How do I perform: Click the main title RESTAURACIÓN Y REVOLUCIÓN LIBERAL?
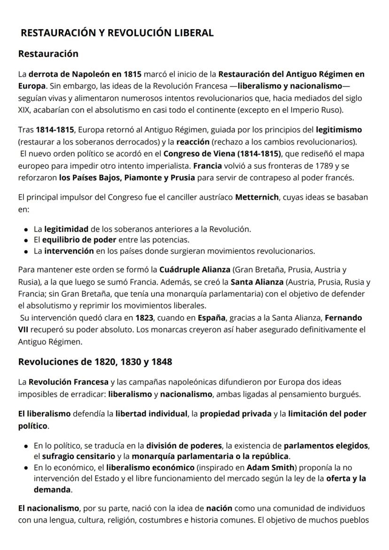pyautogui.click(x=117, y=33)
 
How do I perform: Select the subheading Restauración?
pyautogui.click(x=48, y=54)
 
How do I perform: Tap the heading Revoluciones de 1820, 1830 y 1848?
pyautogui.click(x=95, y=361)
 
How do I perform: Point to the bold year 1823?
pyautogui.click(x=143, y=317)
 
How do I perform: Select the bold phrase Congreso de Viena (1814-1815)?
pyautogui.click(x=221, y=154)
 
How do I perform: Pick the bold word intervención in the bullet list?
pyautogui.click(x=69, y=251)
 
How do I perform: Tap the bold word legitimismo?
pyautogui.click(x=339, y=129)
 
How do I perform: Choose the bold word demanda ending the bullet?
pyautogui.click(x=52, y=489)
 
